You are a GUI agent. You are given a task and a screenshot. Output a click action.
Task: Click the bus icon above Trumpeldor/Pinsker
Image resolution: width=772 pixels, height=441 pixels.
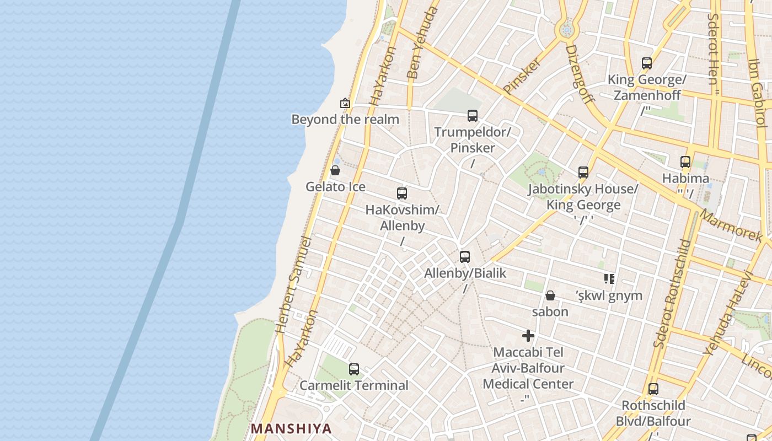click(473, 116)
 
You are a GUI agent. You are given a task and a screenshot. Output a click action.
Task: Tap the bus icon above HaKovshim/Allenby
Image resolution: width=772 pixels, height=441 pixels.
click(402, 193)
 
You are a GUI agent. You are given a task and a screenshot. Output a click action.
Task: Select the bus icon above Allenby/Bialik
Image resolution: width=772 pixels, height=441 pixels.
click(465, 257)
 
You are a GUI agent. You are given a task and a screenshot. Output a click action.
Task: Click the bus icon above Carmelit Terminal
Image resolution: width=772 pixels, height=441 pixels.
click(354, 369)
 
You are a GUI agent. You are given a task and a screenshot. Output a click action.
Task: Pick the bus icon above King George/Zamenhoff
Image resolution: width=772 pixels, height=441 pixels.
click(647, 63)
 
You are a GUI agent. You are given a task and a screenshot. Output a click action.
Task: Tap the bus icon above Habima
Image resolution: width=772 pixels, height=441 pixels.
click(685, 162)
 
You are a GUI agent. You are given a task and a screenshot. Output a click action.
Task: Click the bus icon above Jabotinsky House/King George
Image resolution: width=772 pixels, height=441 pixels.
click(583, 173)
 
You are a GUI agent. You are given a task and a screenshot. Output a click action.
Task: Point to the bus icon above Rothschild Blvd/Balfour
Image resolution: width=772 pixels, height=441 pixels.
click(653, 389)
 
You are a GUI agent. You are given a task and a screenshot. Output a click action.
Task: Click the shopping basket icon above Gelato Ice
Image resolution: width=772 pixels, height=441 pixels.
click(335, 170)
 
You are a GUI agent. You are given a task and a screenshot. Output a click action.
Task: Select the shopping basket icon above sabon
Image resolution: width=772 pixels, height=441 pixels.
click(550, 296)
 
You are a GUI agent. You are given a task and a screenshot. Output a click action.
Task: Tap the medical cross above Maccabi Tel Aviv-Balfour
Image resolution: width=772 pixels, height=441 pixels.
click(528, 335)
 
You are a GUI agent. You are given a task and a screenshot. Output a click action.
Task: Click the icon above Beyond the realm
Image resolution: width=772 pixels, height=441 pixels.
click(345, 103)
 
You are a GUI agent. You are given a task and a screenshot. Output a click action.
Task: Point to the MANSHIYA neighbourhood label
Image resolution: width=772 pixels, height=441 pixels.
click(291, 428)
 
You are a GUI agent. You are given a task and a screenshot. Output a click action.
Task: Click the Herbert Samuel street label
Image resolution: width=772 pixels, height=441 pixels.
click(293, 286)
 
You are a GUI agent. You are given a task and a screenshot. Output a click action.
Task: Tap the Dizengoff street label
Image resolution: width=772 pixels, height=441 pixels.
click(580, 74)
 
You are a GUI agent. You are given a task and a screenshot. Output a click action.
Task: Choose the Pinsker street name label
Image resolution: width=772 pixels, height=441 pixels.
click(522, 76)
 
